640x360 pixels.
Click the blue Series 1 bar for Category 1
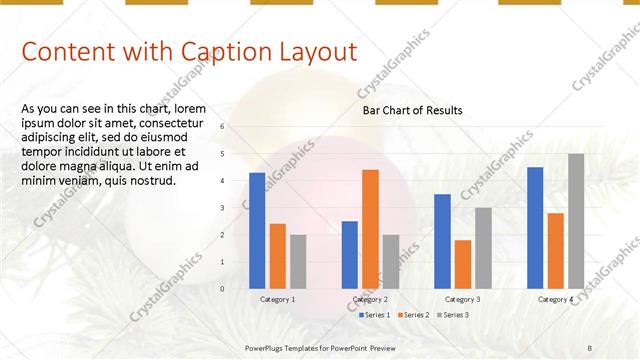257,230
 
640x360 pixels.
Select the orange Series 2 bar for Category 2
370,229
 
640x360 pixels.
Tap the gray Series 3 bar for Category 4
576,221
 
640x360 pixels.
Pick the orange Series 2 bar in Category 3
462,264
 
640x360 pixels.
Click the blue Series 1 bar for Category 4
535,227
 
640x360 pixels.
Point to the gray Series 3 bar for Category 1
298,261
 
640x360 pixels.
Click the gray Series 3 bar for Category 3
483,248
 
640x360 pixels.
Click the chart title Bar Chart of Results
412,111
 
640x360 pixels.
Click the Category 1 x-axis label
277,299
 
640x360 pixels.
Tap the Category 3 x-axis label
462,299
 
